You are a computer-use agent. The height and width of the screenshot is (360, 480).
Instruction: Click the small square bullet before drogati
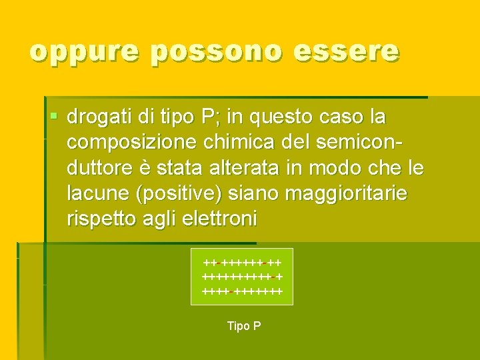(54, 117)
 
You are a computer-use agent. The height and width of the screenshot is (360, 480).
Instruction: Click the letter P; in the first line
(209, 118)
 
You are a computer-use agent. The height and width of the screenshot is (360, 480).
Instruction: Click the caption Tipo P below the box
(244, 326)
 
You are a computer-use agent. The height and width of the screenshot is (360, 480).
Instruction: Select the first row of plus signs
(242, 263)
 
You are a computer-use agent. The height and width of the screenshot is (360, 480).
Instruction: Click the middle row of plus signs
(242, 277)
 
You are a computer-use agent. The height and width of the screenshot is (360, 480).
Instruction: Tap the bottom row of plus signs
(242, 291)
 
